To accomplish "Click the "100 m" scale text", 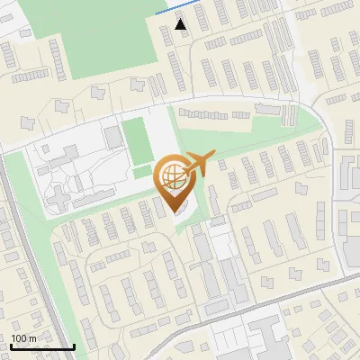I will coord(23,338).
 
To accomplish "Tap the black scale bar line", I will coord(41,347).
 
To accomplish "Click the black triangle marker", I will coord(182,24).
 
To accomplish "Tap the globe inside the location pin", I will coord(175,175).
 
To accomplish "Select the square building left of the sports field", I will coord(112,136).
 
